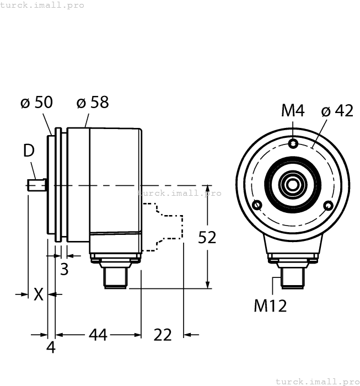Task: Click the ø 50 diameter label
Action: pos(36,103)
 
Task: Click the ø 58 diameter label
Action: pos(93,103)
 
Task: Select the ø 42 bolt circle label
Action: pos(336,111)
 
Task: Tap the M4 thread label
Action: pos(293,111)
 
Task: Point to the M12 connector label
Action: pos(270,305)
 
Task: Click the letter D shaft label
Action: pos(29,150)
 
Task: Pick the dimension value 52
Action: pos(207,237)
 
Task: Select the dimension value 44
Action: pos(98,335)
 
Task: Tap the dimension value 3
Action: pos(64,270)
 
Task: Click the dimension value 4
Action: pos(51,348)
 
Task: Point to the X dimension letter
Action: pos(38,294)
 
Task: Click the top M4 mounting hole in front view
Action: pos(293,144)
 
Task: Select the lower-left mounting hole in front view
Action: pos(257,206)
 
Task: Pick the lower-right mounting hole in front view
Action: pos(329,206)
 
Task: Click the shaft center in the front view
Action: pos(293,184)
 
